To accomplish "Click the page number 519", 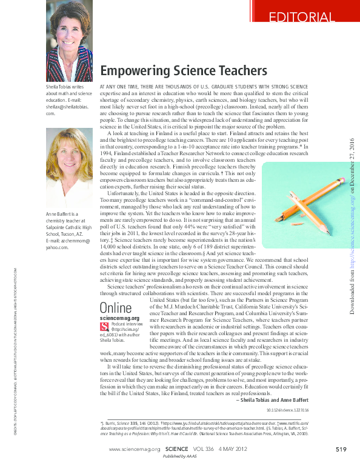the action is [340, 448].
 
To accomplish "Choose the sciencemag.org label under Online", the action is [120, 318].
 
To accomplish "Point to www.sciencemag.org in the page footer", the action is [135, 449].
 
